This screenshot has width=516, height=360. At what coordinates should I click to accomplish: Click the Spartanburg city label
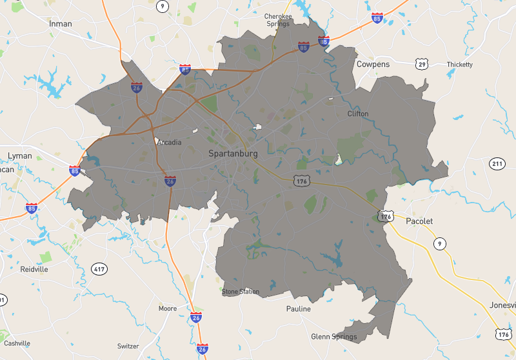point(233,154)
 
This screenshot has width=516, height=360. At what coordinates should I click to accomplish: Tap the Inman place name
point(61,23)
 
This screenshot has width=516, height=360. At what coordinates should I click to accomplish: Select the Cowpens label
point(373,65)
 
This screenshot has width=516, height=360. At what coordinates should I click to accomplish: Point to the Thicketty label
point(459,65)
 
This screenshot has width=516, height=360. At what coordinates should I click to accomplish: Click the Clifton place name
point(358,114)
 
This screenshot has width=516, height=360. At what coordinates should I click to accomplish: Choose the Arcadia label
point(170,143)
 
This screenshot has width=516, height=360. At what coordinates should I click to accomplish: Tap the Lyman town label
point(19,156)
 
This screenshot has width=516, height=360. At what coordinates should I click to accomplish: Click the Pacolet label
point(419,221)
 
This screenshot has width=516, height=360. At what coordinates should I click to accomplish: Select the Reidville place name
point(34,269)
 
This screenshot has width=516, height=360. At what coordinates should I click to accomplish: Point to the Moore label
point(168,308)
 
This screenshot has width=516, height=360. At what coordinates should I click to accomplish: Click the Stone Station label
point(241,292)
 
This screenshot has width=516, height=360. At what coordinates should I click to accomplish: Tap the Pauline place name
point(299,309)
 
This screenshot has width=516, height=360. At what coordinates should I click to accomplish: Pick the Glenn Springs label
point(333,337)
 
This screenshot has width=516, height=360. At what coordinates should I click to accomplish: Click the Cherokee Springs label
point(279,19)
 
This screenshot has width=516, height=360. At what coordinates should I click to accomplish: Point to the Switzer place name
point(128,346)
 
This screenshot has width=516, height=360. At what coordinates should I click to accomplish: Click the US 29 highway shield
point(422,64)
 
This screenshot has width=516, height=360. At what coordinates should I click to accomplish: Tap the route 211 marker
point(497,164)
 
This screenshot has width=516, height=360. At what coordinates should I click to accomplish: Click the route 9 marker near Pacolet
point(439,243)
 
